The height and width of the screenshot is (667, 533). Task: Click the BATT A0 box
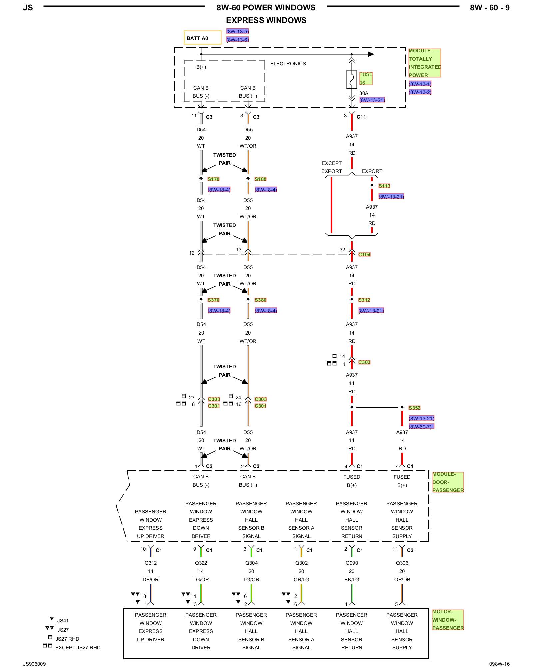coord(202,38)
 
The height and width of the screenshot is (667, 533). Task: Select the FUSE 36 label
coord(366,79)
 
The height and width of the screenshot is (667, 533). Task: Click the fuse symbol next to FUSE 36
coord(352,80)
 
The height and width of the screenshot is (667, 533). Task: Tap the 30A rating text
coord(364,93)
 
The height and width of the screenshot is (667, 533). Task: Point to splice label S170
coord(213,179)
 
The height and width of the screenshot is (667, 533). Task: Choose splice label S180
coord(260,179)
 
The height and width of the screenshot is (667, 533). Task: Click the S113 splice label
coord(384,186)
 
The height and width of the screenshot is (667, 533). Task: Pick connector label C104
coord(364,255)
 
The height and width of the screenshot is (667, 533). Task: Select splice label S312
coord(364,300)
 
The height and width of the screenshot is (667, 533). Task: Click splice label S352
coord(414,408)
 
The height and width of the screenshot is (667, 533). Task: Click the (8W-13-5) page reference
coord(237,32)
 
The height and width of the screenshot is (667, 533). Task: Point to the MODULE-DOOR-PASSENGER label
coord(448,482)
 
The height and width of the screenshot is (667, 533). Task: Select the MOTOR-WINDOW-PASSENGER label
coord(448,620)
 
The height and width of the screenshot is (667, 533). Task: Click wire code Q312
coord(151,563)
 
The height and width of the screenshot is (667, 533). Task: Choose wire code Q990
coord(352,563)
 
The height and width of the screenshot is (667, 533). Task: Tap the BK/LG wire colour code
coord(352,580)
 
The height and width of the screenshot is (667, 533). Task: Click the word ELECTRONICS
coord(288,64)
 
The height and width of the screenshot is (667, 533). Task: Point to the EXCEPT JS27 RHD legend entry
coord(78,648)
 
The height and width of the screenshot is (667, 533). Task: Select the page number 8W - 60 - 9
coord(489,8)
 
